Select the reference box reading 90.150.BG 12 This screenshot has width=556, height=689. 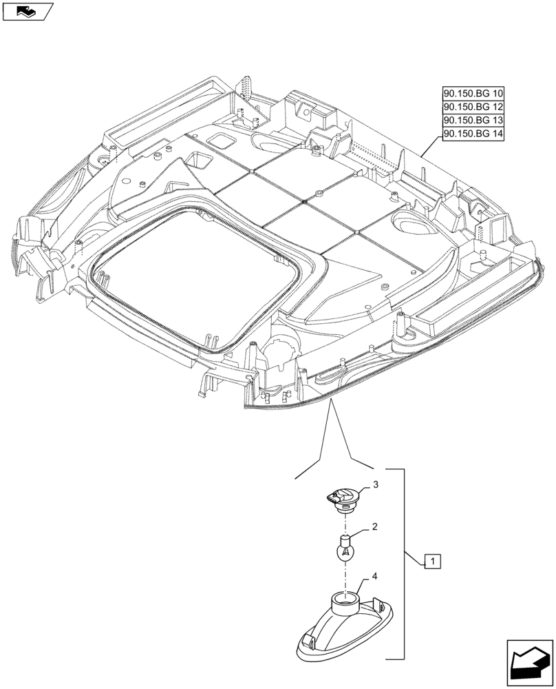tap(473, 107)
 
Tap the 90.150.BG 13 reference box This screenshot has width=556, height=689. tap(473, 121)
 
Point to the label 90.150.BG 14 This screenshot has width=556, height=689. tap(473, 134)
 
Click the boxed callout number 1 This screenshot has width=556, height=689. tap(431, 562)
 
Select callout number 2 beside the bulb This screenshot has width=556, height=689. tap(374, 527)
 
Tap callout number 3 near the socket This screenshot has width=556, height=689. tap(376, 486)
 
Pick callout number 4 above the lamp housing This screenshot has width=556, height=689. tap(374, 575)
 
